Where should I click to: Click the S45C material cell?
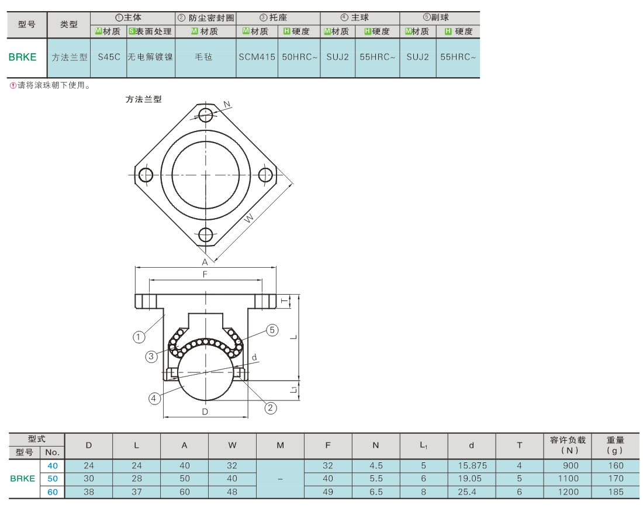click(109, 57)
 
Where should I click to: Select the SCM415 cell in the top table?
click(257, 57)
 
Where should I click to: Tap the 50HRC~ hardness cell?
click(299, 57)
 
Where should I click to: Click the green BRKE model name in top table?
click(23, 57)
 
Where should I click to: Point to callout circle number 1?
click(139, 337)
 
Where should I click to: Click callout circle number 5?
click(272, 330)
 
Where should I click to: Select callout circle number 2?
click(270, 407)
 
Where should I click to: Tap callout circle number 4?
click(154, 398)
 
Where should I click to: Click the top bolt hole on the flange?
click(205, 115)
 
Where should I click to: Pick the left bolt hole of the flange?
click(146, 175)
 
